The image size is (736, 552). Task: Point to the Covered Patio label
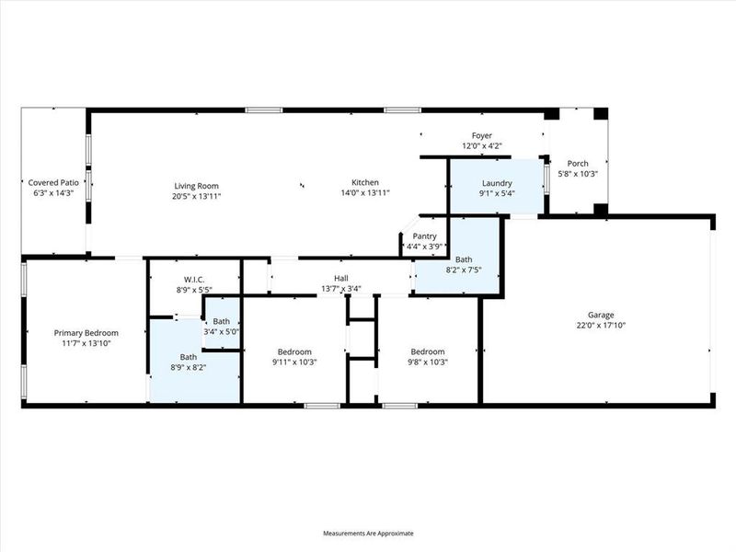pyautogui.click(x=54, y=182)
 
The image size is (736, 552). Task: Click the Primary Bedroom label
pyautogui.click(x=84, y=332)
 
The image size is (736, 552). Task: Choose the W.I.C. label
pyautogui.click(x=193, y=280)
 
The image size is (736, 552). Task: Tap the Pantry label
pyautogui.click(x=424, y=236)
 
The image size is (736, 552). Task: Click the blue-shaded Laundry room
pyautogui.click(x=495, y=187)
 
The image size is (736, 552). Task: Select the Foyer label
pyautogui.click(x=482, y=135)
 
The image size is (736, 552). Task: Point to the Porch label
pyautogui.click(x=578, y=164)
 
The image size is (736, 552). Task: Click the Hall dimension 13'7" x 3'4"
pyautogui.click(x=340, y=289)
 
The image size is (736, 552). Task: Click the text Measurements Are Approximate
pyautogui.click(x=368, y=534)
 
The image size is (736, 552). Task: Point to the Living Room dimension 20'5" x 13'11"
pyautogui.click(x=196, y=196)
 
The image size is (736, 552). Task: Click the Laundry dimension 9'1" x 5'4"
pyautogui.click(x=496, y=193)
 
